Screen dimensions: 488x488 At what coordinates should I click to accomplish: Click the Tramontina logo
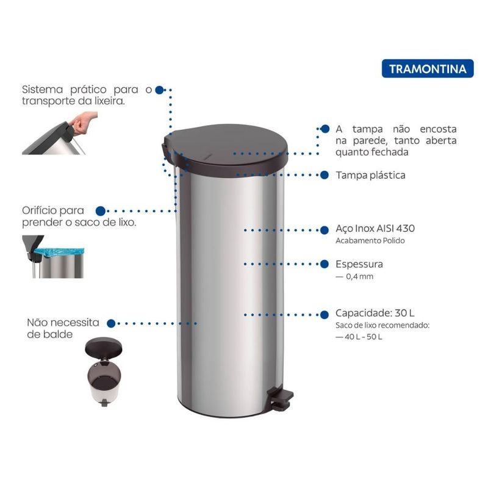pos(428,68)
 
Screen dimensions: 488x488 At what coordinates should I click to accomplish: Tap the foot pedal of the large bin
pos(282,398)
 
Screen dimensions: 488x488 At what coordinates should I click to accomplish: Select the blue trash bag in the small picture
pos(59,253)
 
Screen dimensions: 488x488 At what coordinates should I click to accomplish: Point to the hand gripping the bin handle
pos(84,123)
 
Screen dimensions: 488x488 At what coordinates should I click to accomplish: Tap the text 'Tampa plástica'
pos(370,175)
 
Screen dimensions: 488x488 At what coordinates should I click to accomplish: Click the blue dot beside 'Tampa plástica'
pos(325,175)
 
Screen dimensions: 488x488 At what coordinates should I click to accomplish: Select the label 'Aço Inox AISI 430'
pos(375,228)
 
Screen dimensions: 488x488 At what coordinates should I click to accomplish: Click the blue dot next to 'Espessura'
pos(325,264)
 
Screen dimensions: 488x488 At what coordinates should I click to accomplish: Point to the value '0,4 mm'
pos(359,276)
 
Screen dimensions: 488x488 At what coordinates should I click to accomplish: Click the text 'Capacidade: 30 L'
pos(375,313)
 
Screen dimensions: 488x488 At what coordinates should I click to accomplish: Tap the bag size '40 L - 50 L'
pos(363,337)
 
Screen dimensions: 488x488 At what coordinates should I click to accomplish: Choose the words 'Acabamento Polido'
pos(370,240)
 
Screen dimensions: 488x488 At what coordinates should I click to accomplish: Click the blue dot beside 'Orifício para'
pos(100,211)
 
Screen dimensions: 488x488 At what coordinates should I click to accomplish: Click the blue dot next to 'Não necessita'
pos(111,323)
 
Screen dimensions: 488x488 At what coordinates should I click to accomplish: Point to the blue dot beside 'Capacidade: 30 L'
pos(325,315)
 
